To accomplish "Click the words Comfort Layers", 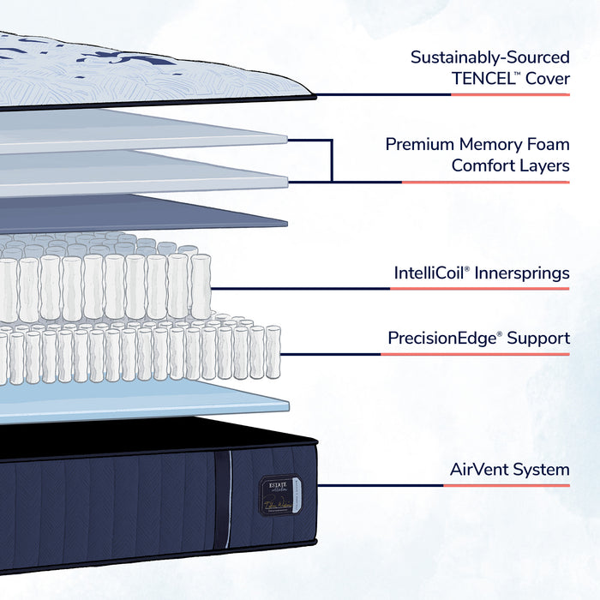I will point(510,165).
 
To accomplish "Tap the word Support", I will point(538,339).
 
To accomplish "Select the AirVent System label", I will point(509,470).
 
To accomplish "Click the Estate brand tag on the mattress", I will point(275,495).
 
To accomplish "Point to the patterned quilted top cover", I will point(129,69).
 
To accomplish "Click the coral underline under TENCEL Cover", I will point(510,94).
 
